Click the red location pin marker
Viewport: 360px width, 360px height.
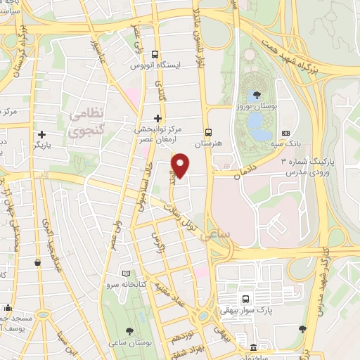(181, 165)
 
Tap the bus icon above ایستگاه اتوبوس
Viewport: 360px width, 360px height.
(155, 55)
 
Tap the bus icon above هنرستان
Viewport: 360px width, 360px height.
(208, 131)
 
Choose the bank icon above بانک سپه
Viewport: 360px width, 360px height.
(285, 133)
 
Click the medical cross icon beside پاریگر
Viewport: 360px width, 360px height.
(42, 134)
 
